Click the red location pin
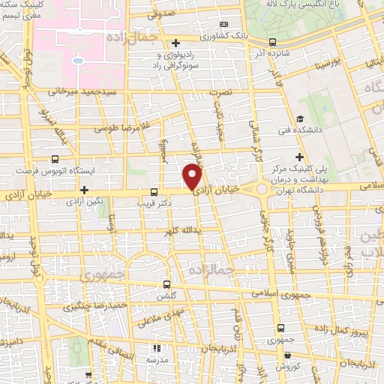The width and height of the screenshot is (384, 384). (x=193, y=177)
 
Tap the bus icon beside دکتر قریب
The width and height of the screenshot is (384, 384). (x=154, y=191)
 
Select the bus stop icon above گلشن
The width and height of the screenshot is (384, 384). (x=166, y=283)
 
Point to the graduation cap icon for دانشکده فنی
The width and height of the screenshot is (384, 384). (x=300, y=118)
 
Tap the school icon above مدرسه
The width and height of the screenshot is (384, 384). (x=157, y=348)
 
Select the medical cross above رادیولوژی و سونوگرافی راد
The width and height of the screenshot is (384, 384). (x=175, y=42)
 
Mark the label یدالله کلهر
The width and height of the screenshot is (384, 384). (x=178, y=229)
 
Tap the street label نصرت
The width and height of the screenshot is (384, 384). (x=220, y=91)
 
